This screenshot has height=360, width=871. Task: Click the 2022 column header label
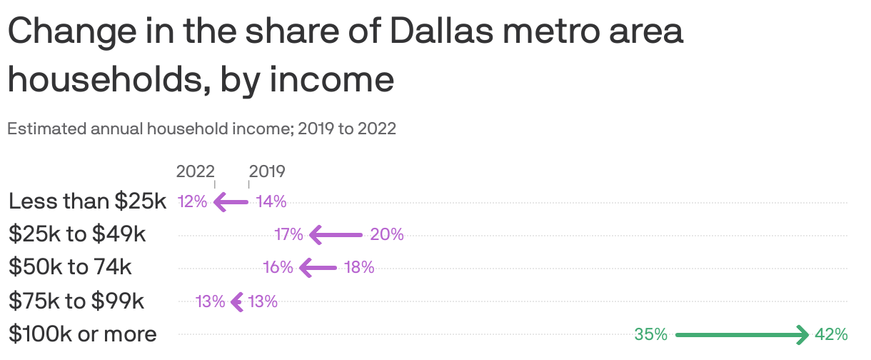pyautogui.click(x=195, y=171)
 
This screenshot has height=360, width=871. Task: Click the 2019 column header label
pyautogui.click(x=267, y=171)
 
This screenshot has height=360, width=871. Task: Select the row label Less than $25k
pyautogui.click(x=87, y=201)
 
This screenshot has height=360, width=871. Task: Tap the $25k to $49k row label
pyautogui.click(x=77, y=234)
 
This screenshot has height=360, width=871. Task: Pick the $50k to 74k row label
pyautogui.click(x=70, y=268)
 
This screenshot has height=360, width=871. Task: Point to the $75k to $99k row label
pyautogui.click(x=76, y=301)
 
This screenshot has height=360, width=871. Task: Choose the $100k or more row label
pyautogui.click(x=82, y=334)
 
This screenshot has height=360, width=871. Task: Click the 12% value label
pyautogui.click(x=192, y=202)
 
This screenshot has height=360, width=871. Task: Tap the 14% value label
pyautogui.click(x=271, y=202)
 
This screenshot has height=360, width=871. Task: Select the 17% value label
pyautogui.click(x=289, y=234)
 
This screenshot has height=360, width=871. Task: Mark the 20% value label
pyautogui.click(x=387, y=234)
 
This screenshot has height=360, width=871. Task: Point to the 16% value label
pyautogui.click(x=278, y=268)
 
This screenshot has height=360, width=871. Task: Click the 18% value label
pyautogui.click(x=359, y=268)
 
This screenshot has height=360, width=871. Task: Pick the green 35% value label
pyautogui.click(x=650, y=334)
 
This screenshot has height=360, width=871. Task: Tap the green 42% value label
pyautogui.click(x=832, y=334)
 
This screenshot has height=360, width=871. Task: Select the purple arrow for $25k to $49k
pyautogui.click(x=336, y=234)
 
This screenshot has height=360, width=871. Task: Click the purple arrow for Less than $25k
pyautogui.click(x=231, y=202)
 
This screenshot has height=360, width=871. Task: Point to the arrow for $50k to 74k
pyautogui.click(x=318, y=268)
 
